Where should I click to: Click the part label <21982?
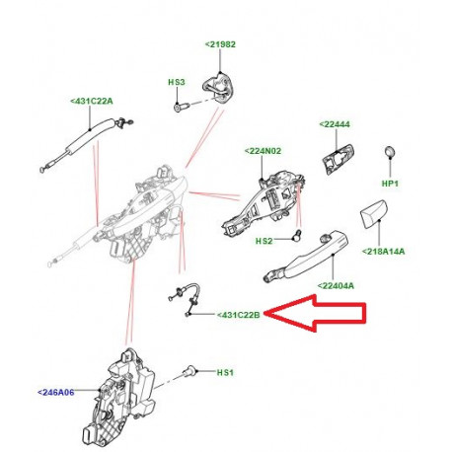pos(220,45)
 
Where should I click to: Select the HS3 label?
pos(177,83)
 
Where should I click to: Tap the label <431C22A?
pos(92,101)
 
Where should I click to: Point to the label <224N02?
pos(263,152)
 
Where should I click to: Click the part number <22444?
pos(336,124)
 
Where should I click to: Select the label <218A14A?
pos(384,252)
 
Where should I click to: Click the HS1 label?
pos(224,373)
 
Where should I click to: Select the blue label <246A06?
pos(58,392)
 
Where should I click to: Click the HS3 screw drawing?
pos(178,104)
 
